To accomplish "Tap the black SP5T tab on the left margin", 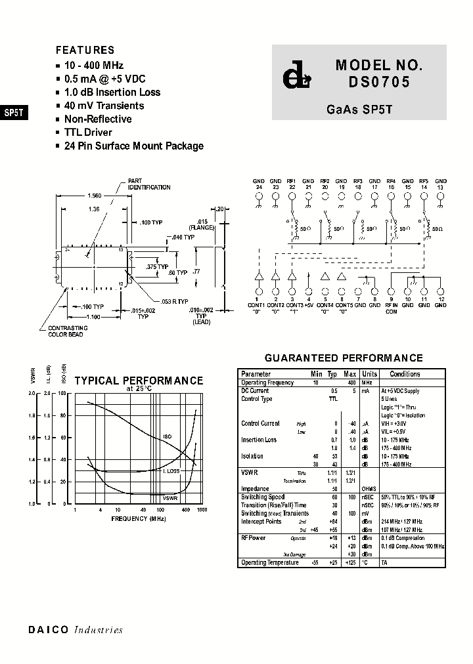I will tap(14, 112).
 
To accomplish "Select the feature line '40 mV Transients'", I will tap(104, 106).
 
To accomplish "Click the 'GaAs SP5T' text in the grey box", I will tap(359, 110).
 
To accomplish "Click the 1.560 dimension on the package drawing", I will tap(95, 196).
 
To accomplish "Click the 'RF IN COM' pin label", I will tap(392, 308).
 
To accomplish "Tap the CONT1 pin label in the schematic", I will tap(257, 305).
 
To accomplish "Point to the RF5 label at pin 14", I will tap(424, 180).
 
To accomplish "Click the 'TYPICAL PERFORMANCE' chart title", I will tap(139, 381).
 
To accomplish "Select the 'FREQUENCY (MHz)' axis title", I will tap(139, 518).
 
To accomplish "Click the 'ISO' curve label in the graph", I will tap(167, 436).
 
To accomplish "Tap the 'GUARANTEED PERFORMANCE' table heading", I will tap(343, 358).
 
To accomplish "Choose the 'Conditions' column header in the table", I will tap(405, 374).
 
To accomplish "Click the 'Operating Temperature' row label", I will tap(270, 562).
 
